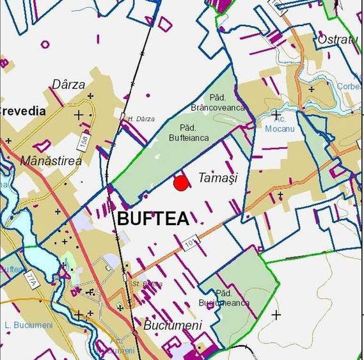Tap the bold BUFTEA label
[154, 219]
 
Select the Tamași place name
[218, 178]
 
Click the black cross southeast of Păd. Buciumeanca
[276, 315]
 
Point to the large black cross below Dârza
[79, 116]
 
